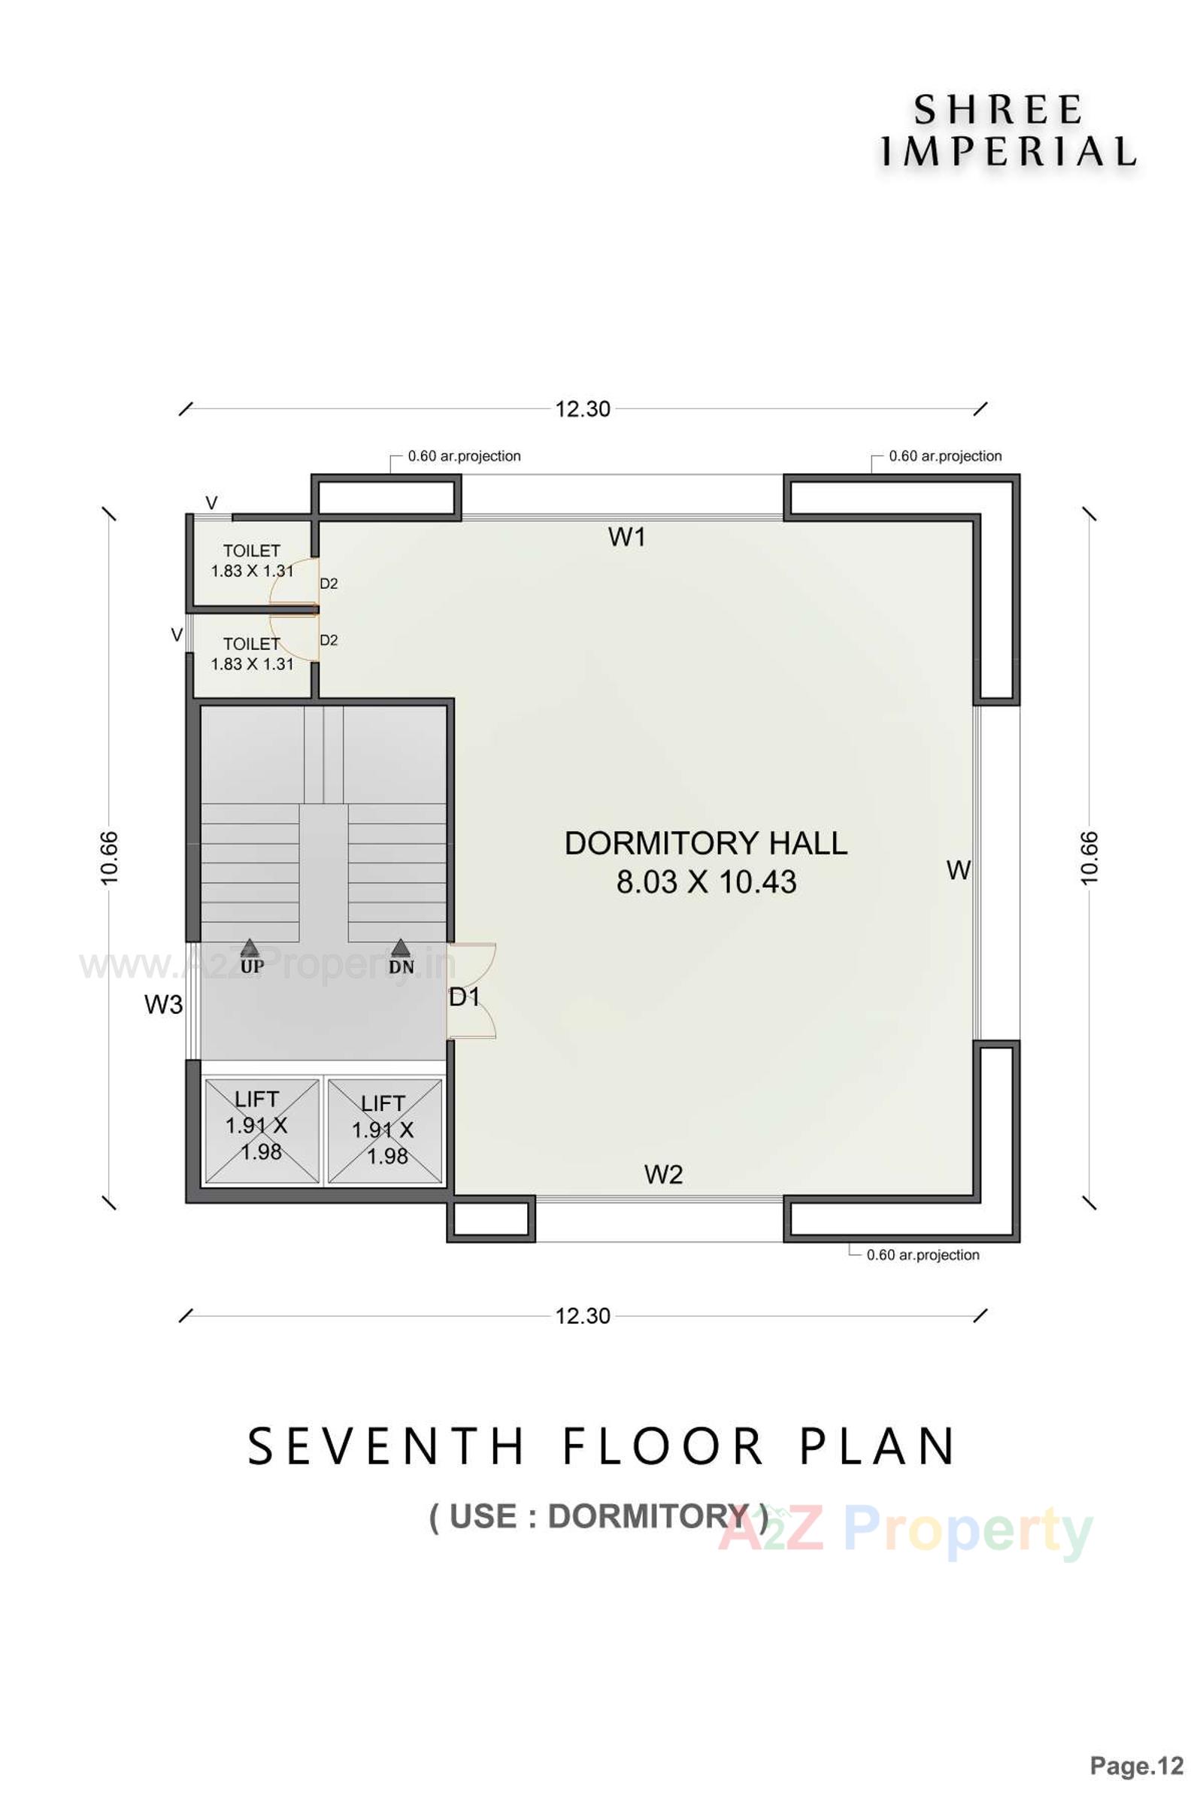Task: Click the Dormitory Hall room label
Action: (706, 844)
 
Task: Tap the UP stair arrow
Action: (250, 948)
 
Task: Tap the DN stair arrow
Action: (401, 948)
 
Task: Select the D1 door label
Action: (464, 998)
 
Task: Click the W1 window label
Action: (627, 538)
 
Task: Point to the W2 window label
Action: (663, 1175)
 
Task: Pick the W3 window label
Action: (163, 1005)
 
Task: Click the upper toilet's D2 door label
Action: (329, 584)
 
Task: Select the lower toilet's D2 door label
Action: (329, 641)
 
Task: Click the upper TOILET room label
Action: (252, 551)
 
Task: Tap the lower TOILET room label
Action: (252, 645)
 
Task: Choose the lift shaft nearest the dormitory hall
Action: (385, 1130)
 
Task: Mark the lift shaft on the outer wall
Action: (261, 1130)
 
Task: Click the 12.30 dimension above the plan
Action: (583, 409)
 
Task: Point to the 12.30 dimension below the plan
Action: (583, 1316)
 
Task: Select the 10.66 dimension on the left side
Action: (110, 857)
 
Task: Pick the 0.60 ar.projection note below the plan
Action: (923, 1254)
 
